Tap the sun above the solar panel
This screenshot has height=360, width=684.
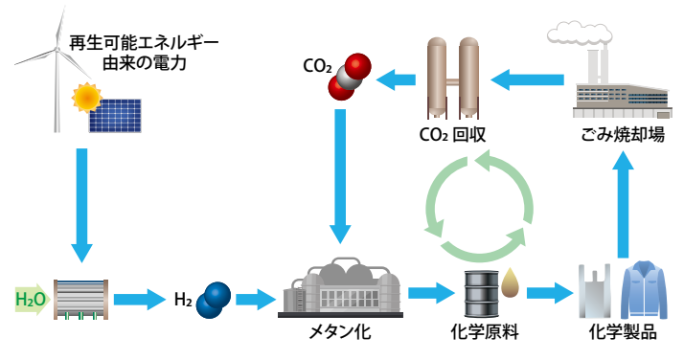(88, 96)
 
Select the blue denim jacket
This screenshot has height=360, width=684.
(640, 291)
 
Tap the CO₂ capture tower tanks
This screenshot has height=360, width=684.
(454, 73)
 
